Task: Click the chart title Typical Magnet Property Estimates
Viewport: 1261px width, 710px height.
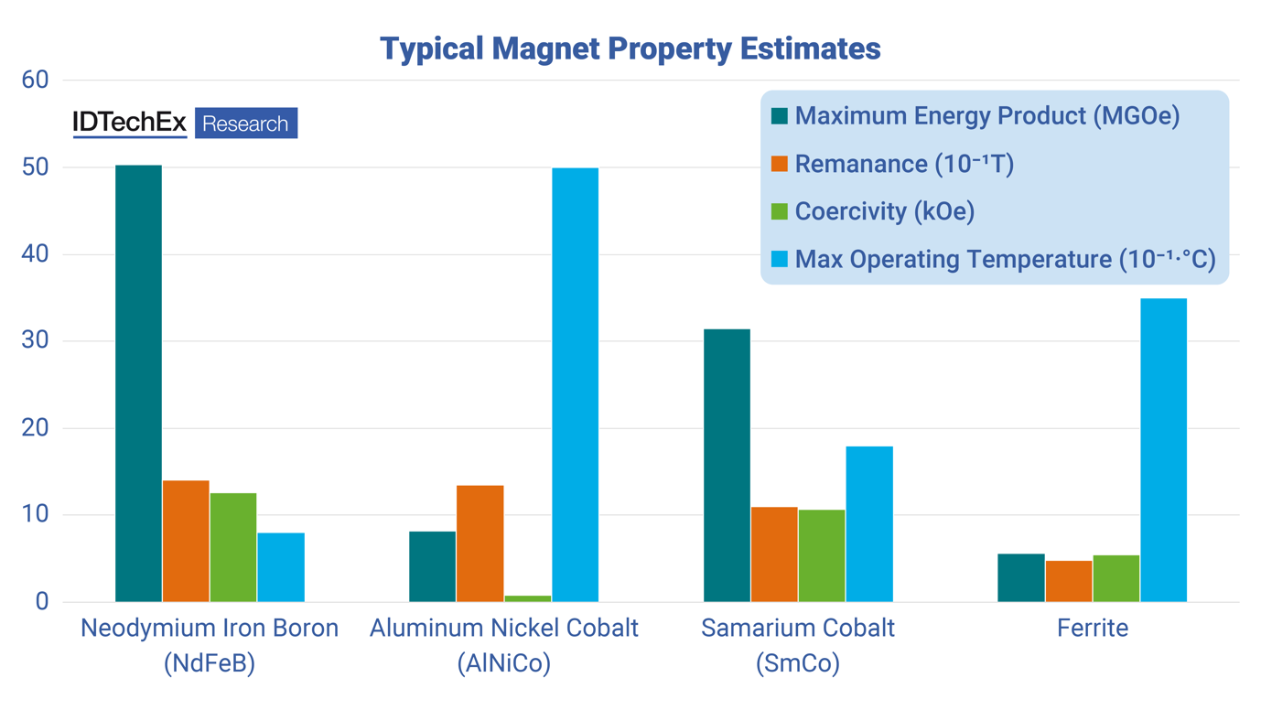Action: [x=630, y=48]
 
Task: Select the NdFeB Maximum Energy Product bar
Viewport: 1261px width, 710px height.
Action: [x=138, y=383]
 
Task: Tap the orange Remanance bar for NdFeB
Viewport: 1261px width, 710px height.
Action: [x=186, y=541]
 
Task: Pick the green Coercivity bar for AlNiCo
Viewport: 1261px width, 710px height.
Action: [x=528, y=598]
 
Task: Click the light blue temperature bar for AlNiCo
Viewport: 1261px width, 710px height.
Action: [x=576, y=384]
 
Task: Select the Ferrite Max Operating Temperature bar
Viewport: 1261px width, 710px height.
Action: [x=1164, y=449]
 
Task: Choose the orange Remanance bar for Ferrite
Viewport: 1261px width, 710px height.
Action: [x=1069, y=581]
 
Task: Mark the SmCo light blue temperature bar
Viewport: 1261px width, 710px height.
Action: [x=869, y=523]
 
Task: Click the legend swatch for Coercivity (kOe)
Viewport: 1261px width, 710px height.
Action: [x=780, y=211]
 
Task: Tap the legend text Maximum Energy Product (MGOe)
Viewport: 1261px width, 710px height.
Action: [x=986, y=116]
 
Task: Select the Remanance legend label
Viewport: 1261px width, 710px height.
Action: [x=904, y=164]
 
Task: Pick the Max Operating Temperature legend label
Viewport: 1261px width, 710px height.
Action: [x=1005, y=259]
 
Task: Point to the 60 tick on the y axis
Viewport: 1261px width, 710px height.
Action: [x=35, y=81]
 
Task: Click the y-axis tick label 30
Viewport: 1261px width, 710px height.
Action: [x=35, y=341]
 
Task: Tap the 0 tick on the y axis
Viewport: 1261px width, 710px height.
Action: [x=42, y=602]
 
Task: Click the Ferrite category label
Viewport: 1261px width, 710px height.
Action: [x=1093, y=629]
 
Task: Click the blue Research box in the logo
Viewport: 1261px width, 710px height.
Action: [x=245, y=124]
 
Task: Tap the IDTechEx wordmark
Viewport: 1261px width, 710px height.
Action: [x=129, y=123]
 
